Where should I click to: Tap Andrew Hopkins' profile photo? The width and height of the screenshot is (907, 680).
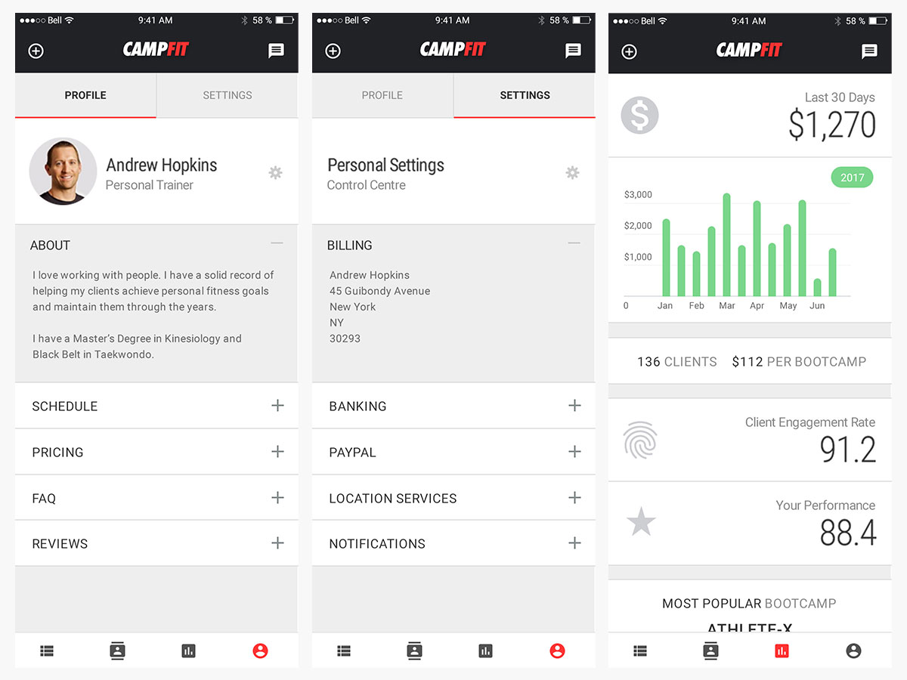pos(63,172)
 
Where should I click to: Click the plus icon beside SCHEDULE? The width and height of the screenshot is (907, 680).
pos(277,406)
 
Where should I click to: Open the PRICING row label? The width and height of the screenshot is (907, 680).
pos(57,453)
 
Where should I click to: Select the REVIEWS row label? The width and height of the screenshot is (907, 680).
pos(60,544)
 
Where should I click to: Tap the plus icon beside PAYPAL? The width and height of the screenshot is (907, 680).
pos(574,452)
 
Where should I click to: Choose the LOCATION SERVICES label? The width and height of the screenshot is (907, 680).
pos(392,499)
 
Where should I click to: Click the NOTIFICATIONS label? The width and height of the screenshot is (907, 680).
pos(376,544)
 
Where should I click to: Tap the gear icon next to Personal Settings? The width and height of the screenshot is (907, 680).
pos(572,173)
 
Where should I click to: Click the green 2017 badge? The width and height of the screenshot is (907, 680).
pos(852,178)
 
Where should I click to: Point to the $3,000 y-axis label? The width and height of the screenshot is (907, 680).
pos(638,195)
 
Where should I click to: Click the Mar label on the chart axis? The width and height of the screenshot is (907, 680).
pos(727,306)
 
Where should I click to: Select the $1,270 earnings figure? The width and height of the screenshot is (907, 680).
pos(831,125)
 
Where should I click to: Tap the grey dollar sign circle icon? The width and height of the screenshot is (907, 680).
pos(639,116)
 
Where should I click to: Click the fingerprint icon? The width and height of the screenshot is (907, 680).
pos(640,440)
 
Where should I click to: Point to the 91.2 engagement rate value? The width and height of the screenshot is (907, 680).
pos(848,450)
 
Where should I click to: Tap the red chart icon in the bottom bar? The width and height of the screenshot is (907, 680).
pos(782,651)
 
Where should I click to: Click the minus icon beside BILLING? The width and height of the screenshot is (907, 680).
pos(574,243)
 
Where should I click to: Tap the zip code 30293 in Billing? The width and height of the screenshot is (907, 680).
pos(345,338)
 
